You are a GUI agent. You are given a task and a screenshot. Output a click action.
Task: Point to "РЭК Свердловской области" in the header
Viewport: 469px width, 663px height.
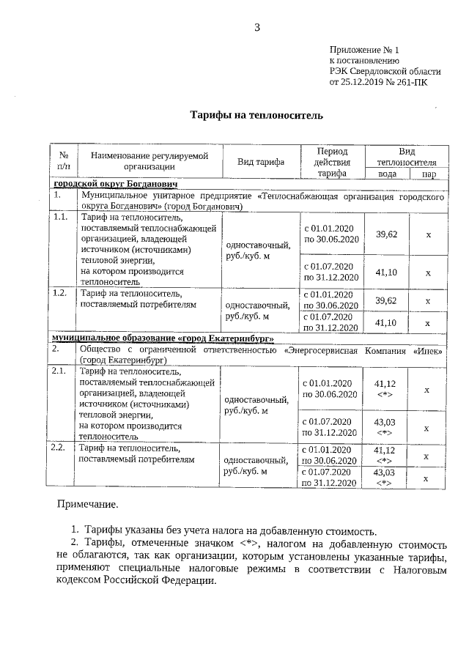[x=385, y=71]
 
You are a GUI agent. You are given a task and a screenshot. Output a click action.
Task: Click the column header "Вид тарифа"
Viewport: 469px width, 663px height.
[x=261, y=161]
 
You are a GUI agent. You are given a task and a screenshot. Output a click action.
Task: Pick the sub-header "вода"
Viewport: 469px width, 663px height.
[x=387, y=174]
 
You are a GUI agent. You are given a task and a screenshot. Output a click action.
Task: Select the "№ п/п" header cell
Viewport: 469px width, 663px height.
[x=64, y=161]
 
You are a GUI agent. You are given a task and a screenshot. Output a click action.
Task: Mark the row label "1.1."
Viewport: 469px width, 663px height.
[x=62, y=218]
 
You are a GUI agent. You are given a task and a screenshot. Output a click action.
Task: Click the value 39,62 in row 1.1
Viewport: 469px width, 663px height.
[x=386, y=234]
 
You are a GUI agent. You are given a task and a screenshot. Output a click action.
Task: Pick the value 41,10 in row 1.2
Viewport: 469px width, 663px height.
[x=385, y=322]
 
